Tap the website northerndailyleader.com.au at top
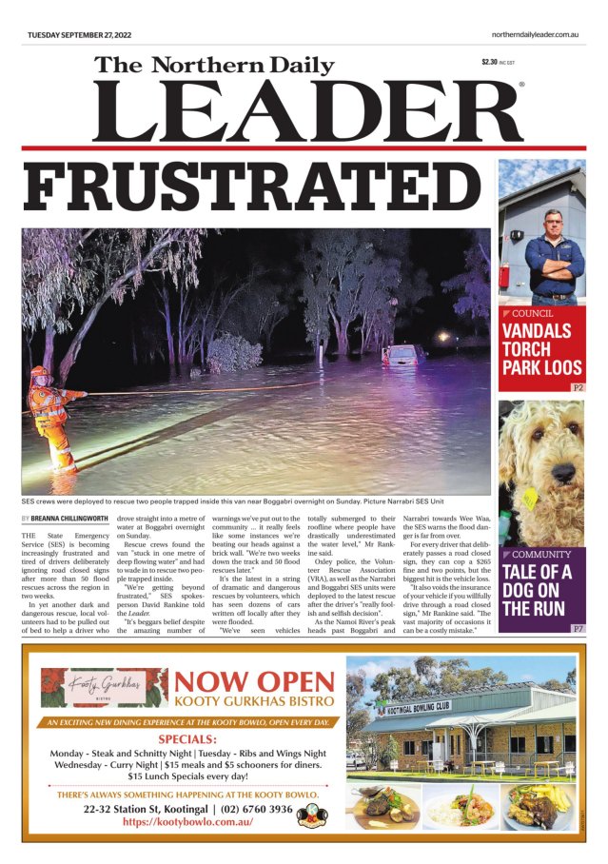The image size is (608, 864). pyautogui.click(x=536, y=35)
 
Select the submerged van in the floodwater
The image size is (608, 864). pyautogui.click(x=403, y=356)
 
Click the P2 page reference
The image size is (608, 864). pyautogui.click(x=577, y=388)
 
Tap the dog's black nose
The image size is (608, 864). pyautogui.click(x=566, y=471)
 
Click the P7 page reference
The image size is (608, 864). pyautogui.click(x=577, y=629)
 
